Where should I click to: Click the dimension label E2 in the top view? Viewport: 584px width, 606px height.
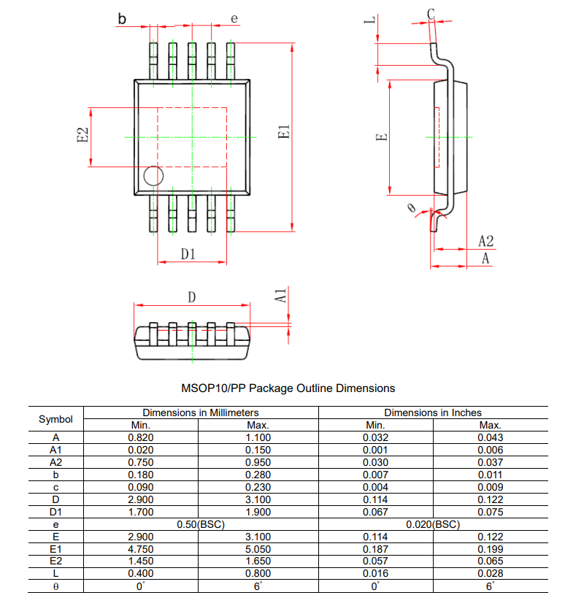pos(82,136)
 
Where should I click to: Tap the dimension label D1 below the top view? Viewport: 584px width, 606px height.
pos(188,253)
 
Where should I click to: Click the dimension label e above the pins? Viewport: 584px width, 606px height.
pos(234,18)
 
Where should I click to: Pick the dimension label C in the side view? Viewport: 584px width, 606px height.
pos(431,13)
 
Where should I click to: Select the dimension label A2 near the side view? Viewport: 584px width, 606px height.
pos(486,241)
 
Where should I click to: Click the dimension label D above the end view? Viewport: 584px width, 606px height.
pos(192,297)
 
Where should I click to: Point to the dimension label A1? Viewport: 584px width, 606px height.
pos(280,296)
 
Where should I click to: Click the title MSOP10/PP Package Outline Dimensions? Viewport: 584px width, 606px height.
pos(288,388)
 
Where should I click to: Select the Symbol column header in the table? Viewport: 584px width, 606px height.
pos(55,419)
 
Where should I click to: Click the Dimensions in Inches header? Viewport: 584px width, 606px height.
pos(432,413)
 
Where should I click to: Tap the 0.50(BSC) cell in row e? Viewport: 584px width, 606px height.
pos(201,524)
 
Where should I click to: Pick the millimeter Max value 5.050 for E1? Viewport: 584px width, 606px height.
pos(258,549)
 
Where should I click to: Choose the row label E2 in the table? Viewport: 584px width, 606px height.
pos(55,561)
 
